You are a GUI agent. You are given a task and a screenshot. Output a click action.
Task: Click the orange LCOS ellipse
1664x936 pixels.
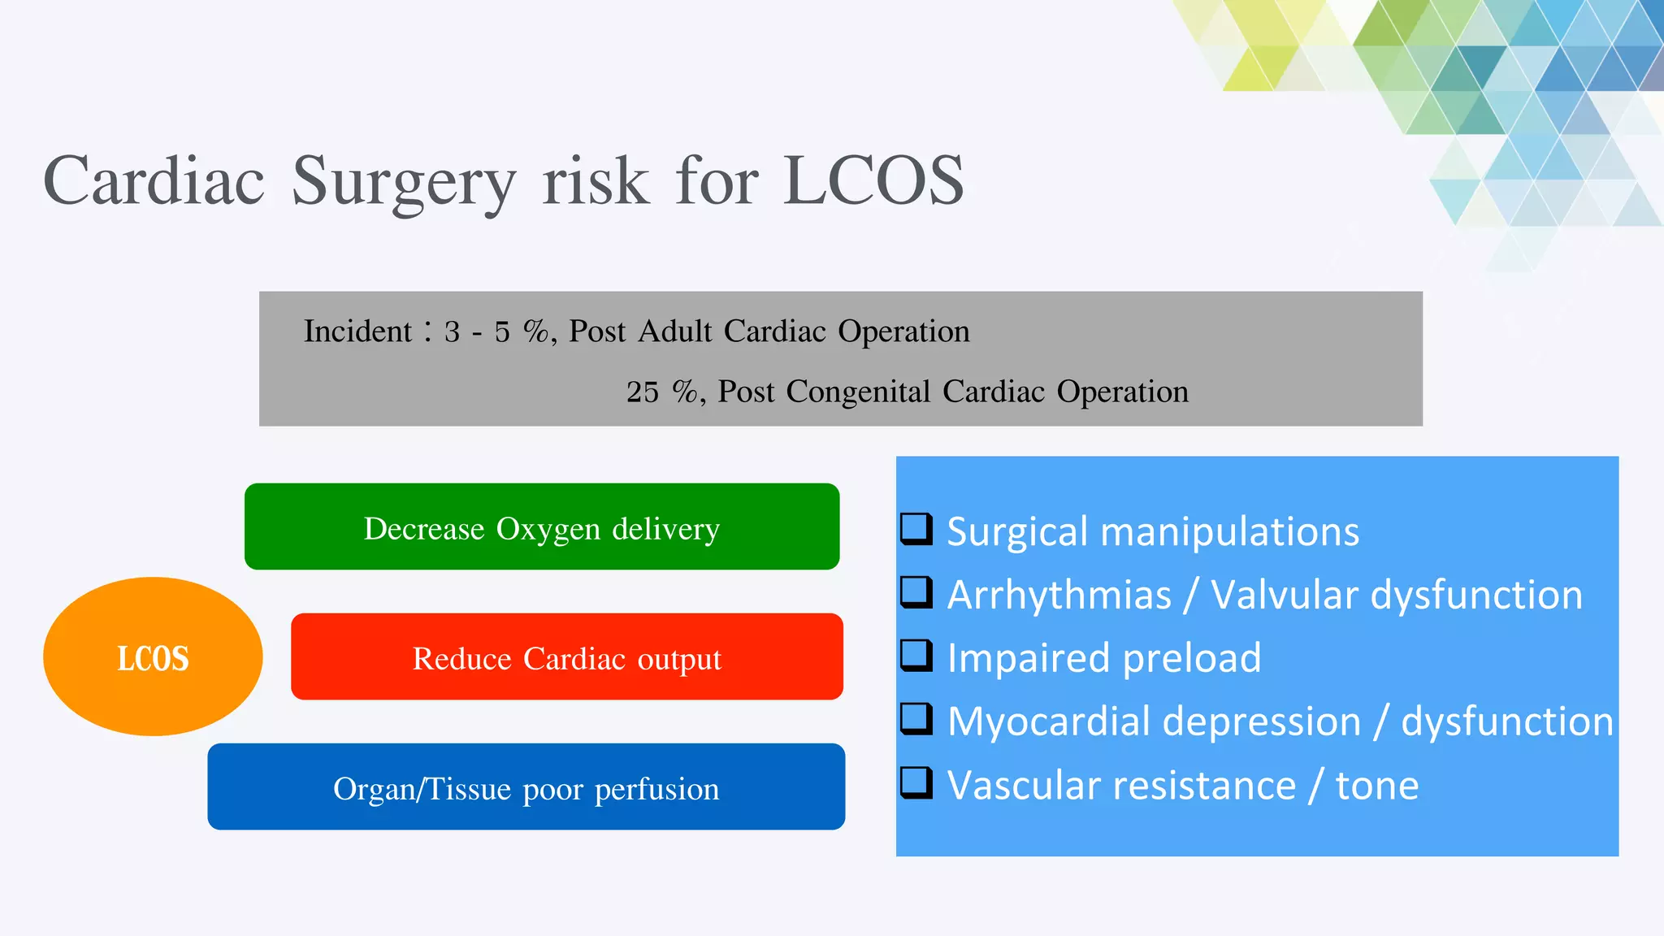coord(152,656)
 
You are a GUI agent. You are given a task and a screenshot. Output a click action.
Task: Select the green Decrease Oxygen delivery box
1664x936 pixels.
coord(542,526)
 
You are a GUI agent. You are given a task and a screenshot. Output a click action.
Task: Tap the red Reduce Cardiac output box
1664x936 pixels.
coord(566,656)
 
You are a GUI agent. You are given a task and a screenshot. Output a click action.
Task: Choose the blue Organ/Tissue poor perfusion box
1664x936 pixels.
coord(526,786)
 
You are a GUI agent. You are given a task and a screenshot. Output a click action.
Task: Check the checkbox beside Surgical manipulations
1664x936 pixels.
coord(916,528)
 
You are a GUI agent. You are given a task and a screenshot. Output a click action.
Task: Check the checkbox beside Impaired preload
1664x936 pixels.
coord(916,655)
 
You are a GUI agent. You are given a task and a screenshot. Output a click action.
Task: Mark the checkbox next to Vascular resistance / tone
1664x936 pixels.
coord(916,782)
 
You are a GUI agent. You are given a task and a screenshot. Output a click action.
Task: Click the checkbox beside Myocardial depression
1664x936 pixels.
coord(916,718)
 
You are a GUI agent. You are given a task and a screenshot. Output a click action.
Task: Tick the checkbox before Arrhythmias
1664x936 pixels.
coord(916,591)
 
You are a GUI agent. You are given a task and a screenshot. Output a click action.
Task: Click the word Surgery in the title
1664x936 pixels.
coord(403,182)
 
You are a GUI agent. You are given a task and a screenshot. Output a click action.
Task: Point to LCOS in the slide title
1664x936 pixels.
coord(873,180)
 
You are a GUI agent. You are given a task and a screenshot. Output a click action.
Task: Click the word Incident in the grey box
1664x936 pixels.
coord(357,331)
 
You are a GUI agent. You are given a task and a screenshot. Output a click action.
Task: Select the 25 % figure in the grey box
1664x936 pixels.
coord(661,392)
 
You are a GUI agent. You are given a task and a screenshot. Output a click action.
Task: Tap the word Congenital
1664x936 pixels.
coord(858,392)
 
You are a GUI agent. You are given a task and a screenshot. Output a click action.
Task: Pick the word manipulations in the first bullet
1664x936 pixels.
coord(1228,532)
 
